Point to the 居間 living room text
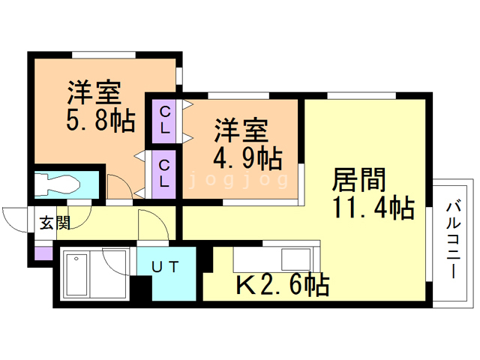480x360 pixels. (359, 180)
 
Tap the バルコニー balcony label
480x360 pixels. (454, 239)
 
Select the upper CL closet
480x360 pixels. (165, 120)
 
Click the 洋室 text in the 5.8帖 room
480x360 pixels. (94, 92)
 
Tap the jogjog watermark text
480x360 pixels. (238, 180)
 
